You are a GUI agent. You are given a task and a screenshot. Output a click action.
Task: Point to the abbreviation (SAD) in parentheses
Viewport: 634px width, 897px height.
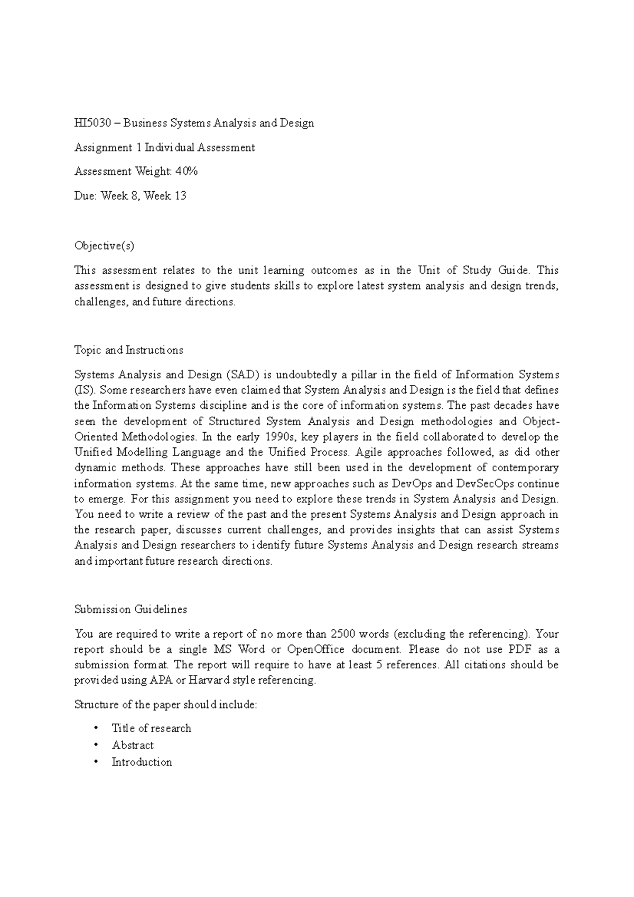[x=241, y=375]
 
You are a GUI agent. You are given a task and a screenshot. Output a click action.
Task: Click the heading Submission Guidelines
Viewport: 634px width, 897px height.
[x=130, y=610]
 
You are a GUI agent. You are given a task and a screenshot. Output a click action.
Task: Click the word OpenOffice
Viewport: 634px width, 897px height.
[x=315, y=649]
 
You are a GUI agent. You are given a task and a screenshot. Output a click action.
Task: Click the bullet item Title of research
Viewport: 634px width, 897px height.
[x=151, y=728]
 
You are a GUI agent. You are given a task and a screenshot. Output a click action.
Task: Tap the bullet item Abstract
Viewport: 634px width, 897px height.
[x=133, y=745]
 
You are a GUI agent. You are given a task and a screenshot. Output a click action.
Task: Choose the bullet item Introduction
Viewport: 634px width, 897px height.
[x=142, y=762]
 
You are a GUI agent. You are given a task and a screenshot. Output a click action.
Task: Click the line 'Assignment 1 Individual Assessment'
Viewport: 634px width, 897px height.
[x=164, y=147]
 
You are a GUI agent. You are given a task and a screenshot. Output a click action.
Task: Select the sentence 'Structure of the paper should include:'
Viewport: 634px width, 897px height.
[x=165, y=705]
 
